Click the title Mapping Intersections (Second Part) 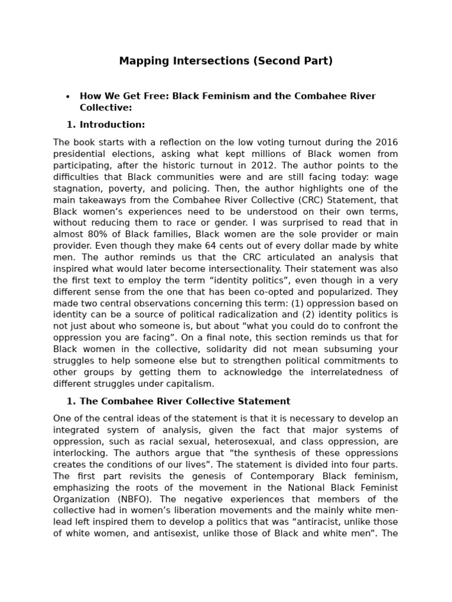(x=226, y=61)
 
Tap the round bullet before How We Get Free (x=68, y=97)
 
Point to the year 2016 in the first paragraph (x=386, y=142)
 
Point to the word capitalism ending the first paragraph (x=188, y=384)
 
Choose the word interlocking (x=77, y=453)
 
